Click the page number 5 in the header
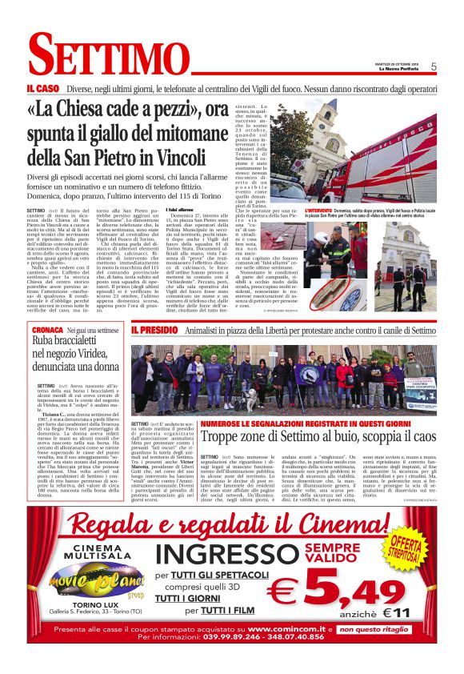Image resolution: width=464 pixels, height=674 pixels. pyautogui.click(x=433, y=66)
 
